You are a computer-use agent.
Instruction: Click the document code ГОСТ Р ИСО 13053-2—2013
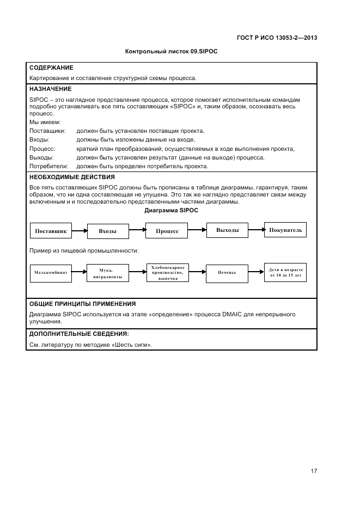coord(277,38)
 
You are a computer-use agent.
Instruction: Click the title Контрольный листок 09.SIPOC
coord(172,52)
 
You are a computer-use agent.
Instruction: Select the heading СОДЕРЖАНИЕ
coord(51,68)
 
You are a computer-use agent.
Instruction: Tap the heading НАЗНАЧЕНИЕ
coord(50,88)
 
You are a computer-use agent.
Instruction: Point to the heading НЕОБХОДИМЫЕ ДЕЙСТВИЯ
coord(71,177)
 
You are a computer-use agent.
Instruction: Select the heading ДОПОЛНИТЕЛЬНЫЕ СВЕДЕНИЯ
coord(78,334)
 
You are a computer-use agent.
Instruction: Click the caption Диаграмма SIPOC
coord(172,210)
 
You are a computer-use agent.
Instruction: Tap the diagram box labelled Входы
coord(107,231)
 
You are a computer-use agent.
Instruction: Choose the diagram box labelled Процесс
coord(167,231)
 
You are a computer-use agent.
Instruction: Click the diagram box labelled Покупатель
coord(285,230)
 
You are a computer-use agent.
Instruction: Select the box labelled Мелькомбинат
coord(51,272)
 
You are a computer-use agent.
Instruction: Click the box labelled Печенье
coord(227,272)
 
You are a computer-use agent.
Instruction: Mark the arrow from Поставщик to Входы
coord(80,231)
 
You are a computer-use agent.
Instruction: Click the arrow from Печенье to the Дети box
coord(256,272)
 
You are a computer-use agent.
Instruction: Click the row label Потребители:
coord(48,166)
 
